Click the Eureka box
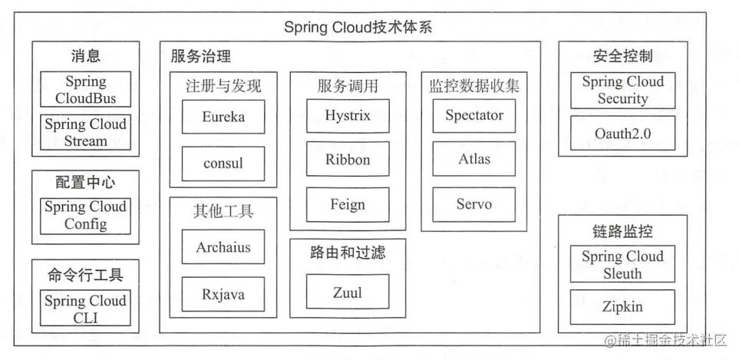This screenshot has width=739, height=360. click(223, 117)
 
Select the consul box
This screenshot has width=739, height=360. click(223, 163)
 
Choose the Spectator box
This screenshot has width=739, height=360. click(474, 116)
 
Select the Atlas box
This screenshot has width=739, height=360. click(474, 160)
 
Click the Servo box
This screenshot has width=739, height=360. click(474, 204)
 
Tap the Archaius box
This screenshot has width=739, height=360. click(223, 248)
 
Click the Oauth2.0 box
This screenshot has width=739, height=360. click(622, 134)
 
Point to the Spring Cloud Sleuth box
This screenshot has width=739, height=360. click(622, 265)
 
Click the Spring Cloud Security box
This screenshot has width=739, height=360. click(622, 91)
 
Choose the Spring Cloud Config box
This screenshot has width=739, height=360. click(85, 216)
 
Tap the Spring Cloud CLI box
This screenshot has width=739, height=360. click(85, 309)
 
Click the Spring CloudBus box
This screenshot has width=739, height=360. click(85, 90)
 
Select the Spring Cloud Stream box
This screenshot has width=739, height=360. click(85, 132)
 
